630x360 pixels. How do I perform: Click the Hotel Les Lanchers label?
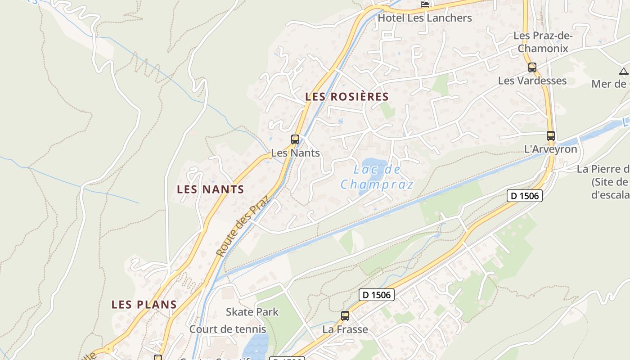point(425,18)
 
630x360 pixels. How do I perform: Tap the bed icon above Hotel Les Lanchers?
point(425,4)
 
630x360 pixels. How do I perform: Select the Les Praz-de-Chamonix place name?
point(543,42)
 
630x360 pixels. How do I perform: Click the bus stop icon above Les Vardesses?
point(532,67)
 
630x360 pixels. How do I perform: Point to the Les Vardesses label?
point(532,81)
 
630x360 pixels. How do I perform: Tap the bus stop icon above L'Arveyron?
point(550,135)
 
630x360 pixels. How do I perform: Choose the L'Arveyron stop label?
point(550,149)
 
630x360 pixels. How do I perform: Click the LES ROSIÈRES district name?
point(346,97)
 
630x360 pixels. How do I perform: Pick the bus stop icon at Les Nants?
point(295,139)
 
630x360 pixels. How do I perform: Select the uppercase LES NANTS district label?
point(211,189)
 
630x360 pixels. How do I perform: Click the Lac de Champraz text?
point(377,177)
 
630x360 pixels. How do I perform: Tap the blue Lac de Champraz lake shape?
point(373,165)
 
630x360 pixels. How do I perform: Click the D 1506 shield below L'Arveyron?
point(524,196)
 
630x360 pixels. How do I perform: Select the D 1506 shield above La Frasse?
point(377,295)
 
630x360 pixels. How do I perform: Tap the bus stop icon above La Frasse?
point(345,316)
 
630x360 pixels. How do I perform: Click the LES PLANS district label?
point(144,305)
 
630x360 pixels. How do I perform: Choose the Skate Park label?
point(252,312)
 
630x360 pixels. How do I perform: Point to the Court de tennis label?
point(228,329)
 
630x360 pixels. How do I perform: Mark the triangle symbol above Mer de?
point(623,71)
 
